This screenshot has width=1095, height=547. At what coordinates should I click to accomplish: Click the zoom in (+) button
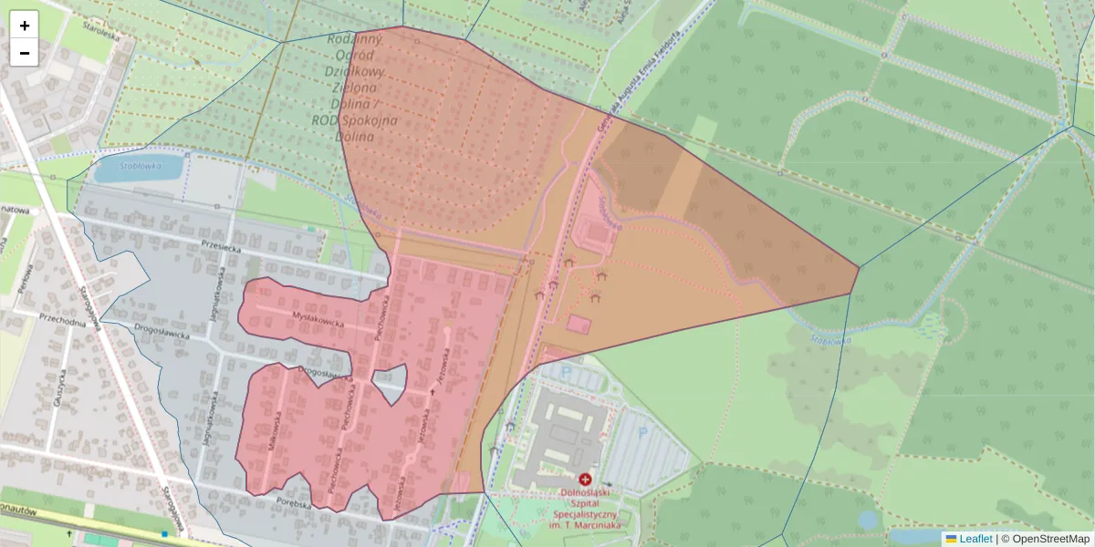tap(25, 26)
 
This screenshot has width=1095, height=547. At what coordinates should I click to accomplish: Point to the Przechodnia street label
tap(61, 318)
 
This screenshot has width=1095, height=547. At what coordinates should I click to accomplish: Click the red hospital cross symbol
tap(585, 479)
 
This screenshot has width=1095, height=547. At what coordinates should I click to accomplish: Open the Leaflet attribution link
tap(975, 539)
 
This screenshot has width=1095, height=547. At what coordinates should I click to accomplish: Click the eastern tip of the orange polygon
tap(858, 267)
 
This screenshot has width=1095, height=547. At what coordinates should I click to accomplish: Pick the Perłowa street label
tap(26, 274)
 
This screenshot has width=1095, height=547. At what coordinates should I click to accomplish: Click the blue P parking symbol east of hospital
tap(641, 435)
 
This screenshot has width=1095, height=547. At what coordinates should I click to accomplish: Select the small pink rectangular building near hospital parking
tap(578, 324)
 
